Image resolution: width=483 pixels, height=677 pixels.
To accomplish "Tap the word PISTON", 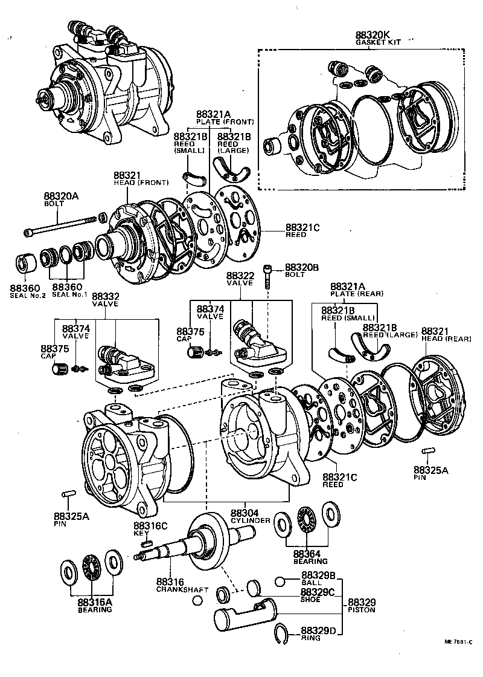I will (x=361, y=610).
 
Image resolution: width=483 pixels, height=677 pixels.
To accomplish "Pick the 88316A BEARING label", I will (x=94, y=605).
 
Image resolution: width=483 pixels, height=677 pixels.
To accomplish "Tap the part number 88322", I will (x=241, y=276).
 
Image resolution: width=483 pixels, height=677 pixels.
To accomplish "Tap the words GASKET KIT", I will (x=377, y=43).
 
